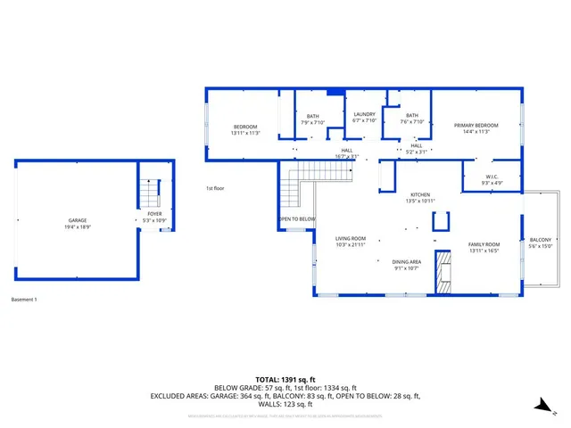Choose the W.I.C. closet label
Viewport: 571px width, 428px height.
[492, 179]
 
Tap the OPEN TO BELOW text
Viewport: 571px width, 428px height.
[296, 219]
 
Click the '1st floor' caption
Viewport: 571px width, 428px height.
[215, 188]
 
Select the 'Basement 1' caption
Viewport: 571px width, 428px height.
[24, 299]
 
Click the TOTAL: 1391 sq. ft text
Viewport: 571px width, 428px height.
[285, 379]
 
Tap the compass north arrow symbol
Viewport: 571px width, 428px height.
[539, 406]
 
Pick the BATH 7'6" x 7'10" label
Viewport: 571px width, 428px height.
[411, 119]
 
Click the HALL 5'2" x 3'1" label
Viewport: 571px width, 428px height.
[417, 149]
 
